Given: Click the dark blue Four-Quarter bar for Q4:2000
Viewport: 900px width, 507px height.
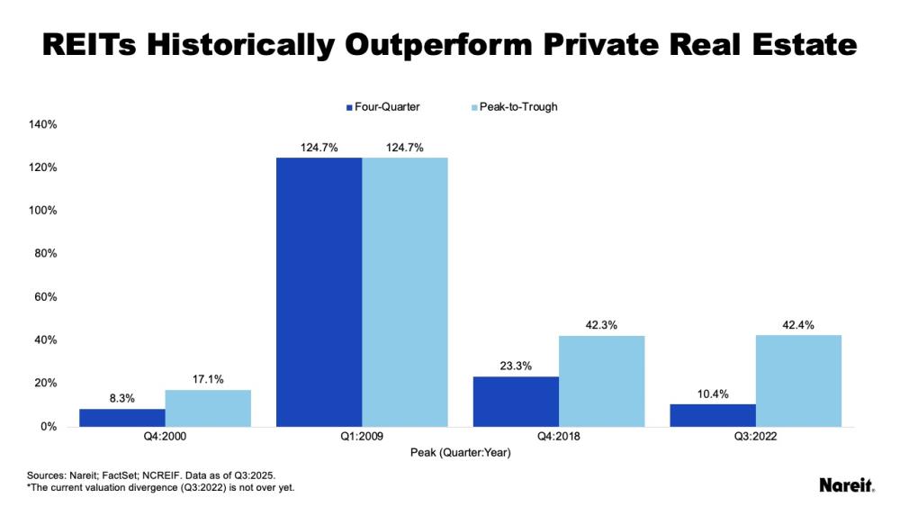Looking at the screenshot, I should click(121, 418).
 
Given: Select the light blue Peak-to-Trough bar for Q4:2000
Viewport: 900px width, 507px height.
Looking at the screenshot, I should click(208, 408).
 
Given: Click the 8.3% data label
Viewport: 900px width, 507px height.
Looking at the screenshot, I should click(121, 398).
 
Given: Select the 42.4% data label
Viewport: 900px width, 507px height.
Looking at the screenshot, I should click(798, 325).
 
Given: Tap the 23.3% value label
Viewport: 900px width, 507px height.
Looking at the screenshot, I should click(516, 366).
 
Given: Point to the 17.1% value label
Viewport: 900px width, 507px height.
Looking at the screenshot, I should click(208, 379).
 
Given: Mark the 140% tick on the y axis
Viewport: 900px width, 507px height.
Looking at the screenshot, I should click(43, 124).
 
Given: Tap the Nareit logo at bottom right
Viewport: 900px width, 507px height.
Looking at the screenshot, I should click(846, 485).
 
